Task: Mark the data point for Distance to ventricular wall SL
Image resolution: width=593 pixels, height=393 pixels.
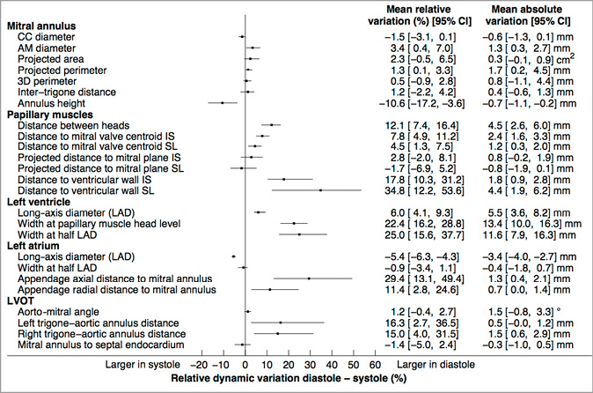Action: pos(320,190)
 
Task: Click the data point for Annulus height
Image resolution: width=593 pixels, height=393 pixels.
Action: pos(223,103)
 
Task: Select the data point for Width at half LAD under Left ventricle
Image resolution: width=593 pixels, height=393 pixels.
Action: pos(299,234)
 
